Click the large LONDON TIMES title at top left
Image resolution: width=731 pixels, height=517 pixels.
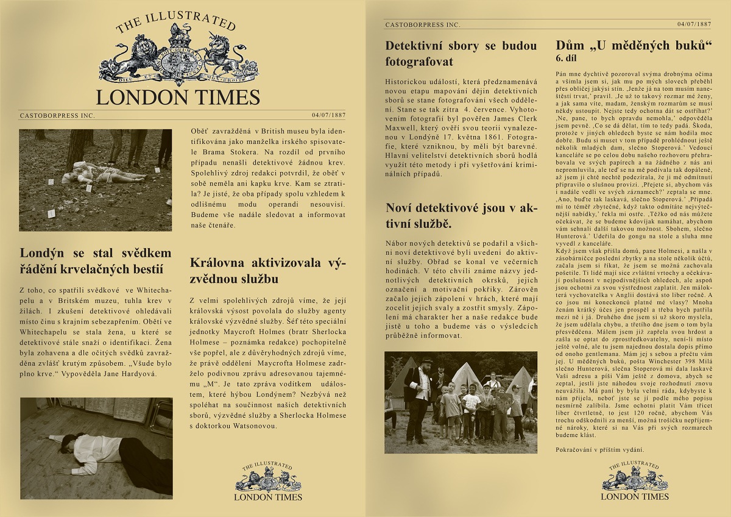tap(178, 98)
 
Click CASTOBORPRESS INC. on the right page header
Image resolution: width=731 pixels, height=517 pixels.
tap(422, 24)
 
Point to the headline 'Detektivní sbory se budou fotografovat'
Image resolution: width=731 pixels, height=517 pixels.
tap(461, 54)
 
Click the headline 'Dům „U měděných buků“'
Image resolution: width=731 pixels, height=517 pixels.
tap(634, 46)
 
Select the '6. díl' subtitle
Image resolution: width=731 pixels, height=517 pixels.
tap(565, 59)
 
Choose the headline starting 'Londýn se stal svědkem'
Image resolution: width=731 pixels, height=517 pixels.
tap(96, 261)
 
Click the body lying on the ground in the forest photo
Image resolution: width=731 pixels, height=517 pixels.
tap(101, 173)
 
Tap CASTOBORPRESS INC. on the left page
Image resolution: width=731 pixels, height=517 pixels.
tap(57, 115)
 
